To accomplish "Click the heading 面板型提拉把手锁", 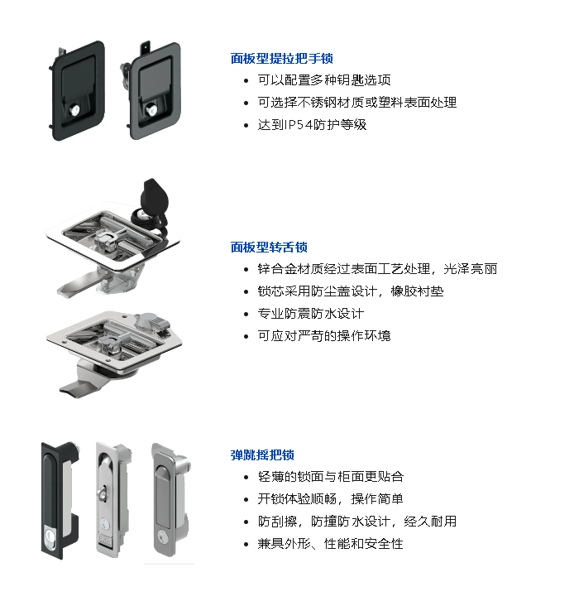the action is pyautogui.click(x=281, y=59).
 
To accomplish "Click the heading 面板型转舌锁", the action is pyautogui.click(x=269, y=248).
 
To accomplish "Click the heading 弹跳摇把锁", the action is pyautogui.click(x=262, y=454).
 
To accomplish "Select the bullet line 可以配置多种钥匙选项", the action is pyautogui.click(x=324, y=80).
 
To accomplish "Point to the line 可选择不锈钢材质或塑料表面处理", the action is pyautogui.click(x=357, y=103).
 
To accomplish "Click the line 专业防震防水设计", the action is pyautogui.click(x=311, y=314).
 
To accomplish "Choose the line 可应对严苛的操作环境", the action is pyautogui.click(x=324, y=336).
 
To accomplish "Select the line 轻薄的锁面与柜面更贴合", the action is pyautogui.click(x=331, y=477).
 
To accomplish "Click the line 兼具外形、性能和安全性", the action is pyautogui.click(x=331, y=544).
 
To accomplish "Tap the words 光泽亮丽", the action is pyautogui.click(x=470, y=268).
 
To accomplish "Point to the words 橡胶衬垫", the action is pyautogui.click(x=417, y=291).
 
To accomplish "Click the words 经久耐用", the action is pyautogui.click(x=430, y=522).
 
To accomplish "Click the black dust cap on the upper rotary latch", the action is pyautogui.click(x=155, y=196).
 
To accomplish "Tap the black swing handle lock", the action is pyautogui.click(x=60, y=501).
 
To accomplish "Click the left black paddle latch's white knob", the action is pyautogui.click(x=75, y=111).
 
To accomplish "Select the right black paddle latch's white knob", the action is pyautogui.click(x=151, y=111).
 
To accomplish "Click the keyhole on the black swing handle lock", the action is pyautogui.click(x=50, y=536).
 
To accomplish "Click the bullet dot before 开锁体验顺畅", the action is pyautogui.click(x=246, y=499).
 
